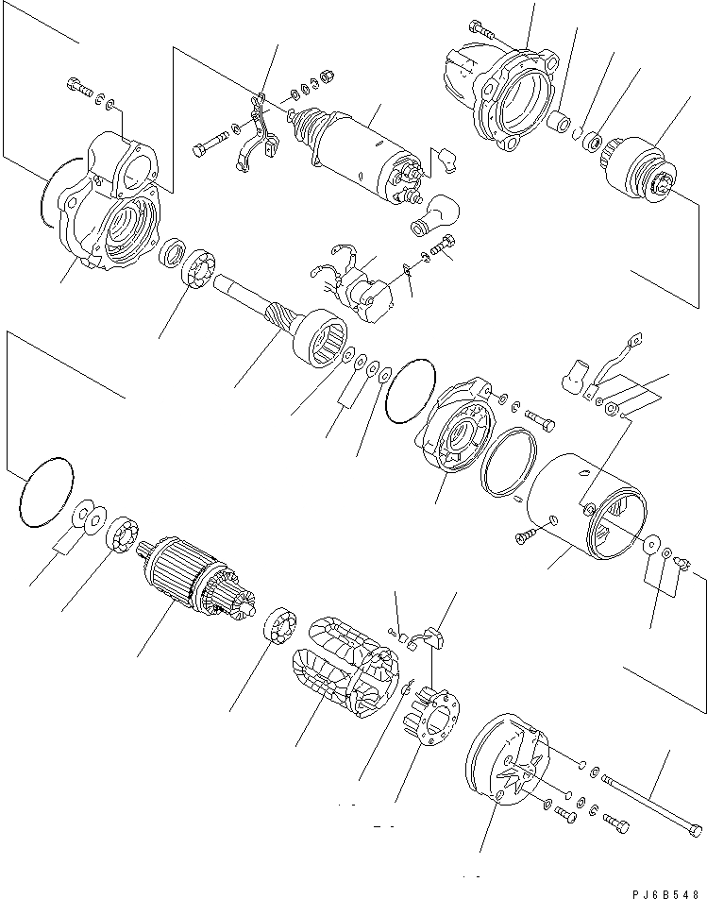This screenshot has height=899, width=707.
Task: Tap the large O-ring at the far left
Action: [x=44, y=492]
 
